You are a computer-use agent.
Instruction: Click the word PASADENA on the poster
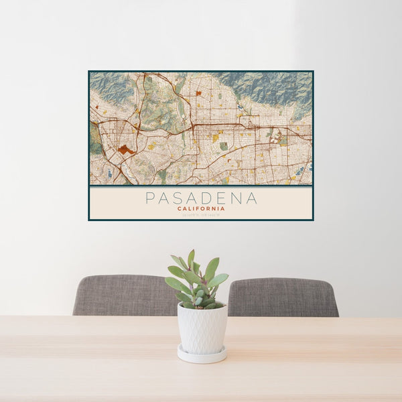click(201, 198)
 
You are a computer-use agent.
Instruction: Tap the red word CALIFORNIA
click(201, 208)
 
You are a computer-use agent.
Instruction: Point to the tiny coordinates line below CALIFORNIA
click(201, 214)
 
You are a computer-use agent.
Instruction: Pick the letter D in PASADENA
click(213, 198)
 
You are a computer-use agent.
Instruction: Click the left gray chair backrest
click(124, 295)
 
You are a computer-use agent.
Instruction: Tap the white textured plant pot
click(202, 328)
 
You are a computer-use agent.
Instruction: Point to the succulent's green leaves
click(198, 278)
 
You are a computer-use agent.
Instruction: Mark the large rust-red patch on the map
click(125, 150)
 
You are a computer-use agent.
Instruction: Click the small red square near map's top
click(198, 92)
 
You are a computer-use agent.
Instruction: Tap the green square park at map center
click(223, 146)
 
